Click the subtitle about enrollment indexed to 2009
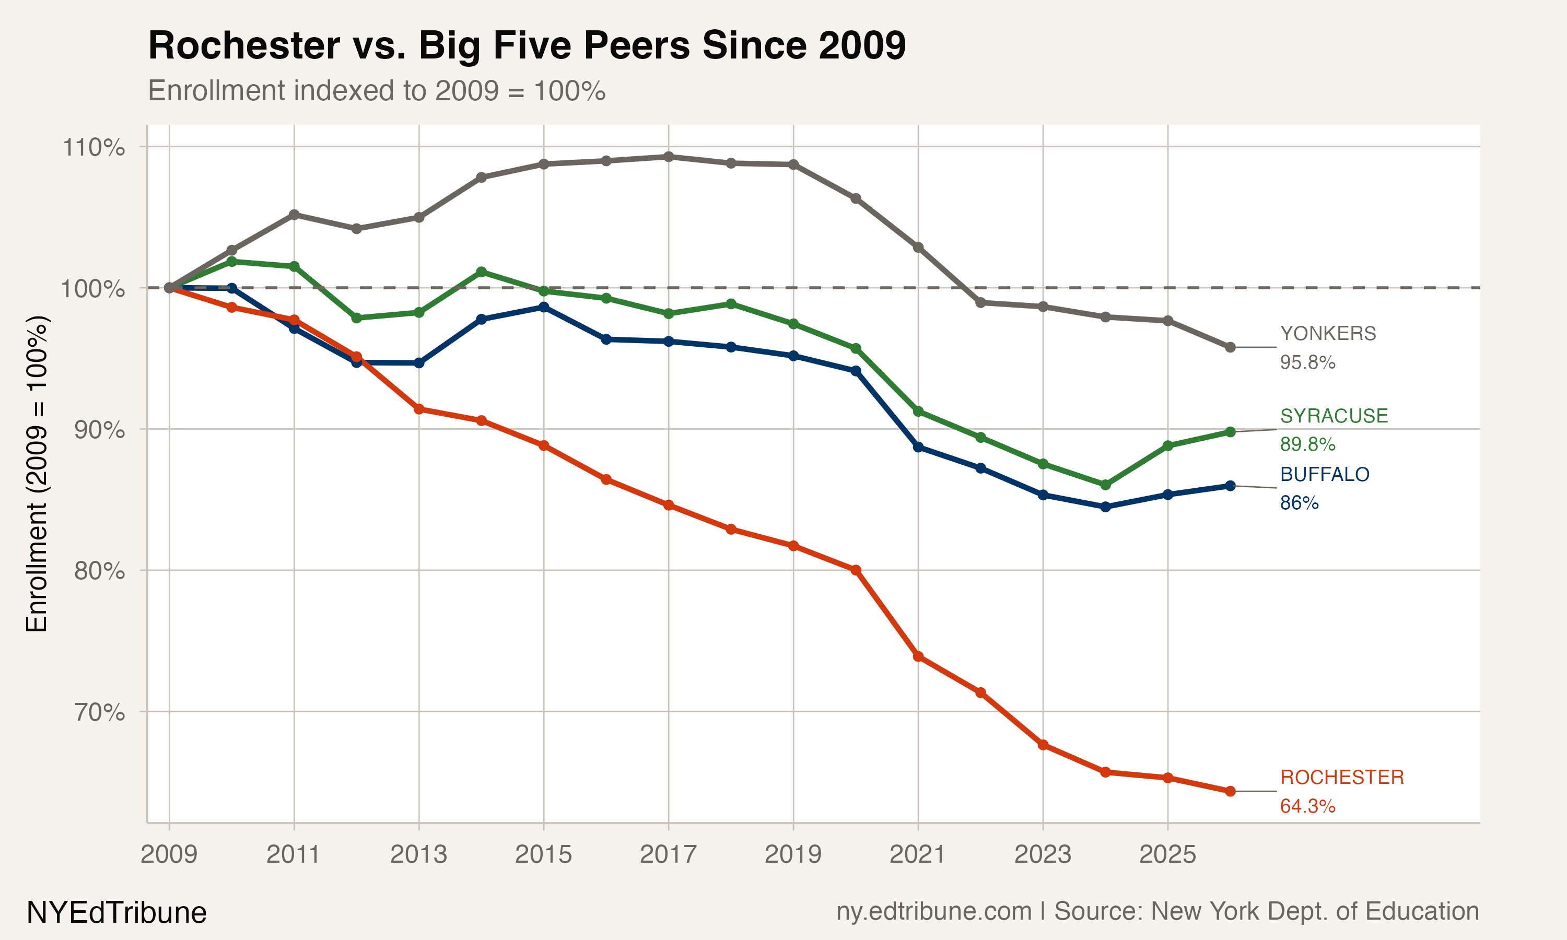376,91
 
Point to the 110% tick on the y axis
93,148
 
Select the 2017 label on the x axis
668,854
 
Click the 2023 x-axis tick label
1042,854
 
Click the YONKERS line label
1328,334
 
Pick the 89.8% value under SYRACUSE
1307,444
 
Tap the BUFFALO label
1325,474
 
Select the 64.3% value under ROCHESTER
1307,806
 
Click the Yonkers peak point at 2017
668,157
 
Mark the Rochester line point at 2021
918,656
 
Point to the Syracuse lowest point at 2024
1105,485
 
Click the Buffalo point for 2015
543,307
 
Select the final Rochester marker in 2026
1230,791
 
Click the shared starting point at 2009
169,288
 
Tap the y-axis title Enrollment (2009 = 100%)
37,474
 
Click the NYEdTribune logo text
116,913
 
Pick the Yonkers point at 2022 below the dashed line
980,303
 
